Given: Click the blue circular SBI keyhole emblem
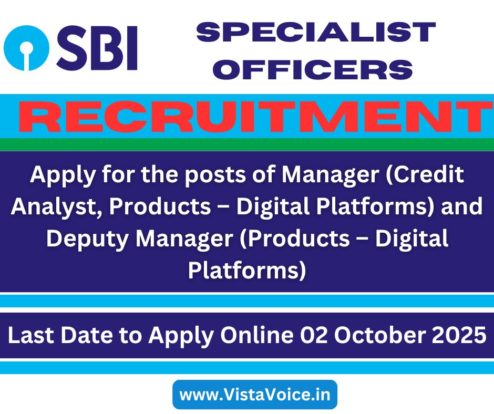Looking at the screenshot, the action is click(26, 48).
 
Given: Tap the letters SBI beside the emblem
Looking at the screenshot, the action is click(97, 48).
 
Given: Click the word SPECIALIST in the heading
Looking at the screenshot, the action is click(316, 32).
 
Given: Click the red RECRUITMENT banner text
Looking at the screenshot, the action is click(254, 116).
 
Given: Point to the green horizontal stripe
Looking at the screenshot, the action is click(247, 144).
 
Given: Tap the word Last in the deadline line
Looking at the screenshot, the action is click(31, 335).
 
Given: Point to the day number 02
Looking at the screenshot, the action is click(314, 335).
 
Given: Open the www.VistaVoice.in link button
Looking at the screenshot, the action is click(255, 395).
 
